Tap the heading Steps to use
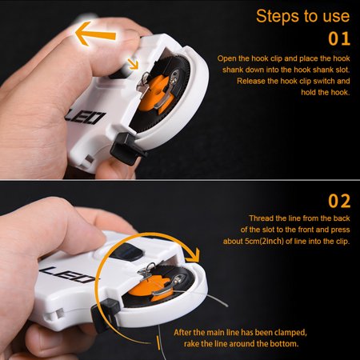point(302,16)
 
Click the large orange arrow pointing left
point(97,34)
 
